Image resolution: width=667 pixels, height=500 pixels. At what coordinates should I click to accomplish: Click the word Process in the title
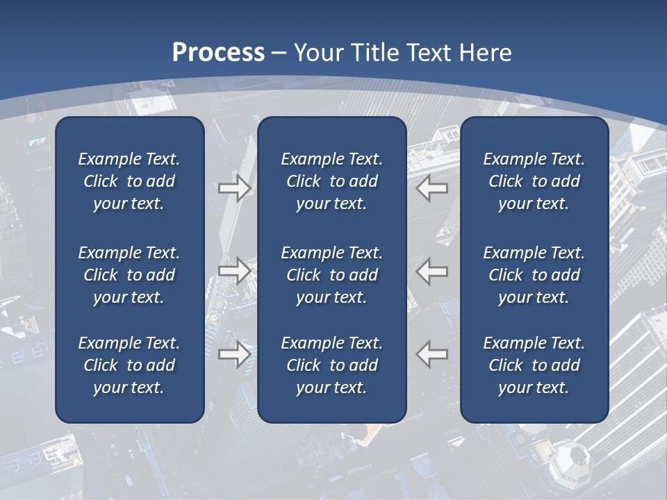click(218, 53)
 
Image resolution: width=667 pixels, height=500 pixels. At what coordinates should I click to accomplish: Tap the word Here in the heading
click(484, 53)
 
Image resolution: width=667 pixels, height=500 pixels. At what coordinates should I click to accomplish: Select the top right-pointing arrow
click(234, 187)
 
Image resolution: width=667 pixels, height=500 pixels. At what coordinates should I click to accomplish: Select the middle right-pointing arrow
click(234, 270)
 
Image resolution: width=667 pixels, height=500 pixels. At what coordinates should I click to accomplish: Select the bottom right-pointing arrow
click(234, 353)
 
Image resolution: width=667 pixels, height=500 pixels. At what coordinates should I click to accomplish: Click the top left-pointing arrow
click(432, 187)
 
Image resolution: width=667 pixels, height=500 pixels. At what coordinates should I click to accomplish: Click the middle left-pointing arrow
click(432, 270)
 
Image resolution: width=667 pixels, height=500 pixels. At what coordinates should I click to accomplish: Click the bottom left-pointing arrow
click(432, 353)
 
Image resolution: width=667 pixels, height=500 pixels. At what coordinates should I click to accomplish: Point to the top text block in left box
click(129, 181)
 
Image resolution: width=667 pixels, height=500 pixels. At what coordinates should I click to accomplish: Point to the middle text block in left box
click(129, 275)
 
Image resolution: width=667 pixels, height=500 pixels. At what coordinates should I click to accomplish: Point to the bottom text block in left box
click(129, 365)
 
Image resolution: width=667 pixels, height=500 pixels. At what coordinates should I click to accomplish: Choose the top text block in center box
click(331, 181)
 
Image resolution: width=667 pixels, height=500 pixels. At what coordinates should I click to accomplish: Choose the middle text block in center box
click(331, 275)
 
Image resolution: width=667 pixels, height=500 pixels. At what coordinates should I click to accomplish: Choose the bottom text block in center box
click(331, 365)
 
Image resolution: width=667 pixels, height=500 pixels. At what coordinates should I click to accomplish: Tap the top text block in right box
click(534, 181)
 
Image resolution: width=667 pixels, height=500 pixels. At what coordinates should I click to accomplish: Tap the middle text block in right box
click(534, 275)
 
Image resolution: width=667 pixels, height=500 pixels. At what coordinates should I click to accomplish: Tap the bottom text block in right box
click(534, 365)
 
